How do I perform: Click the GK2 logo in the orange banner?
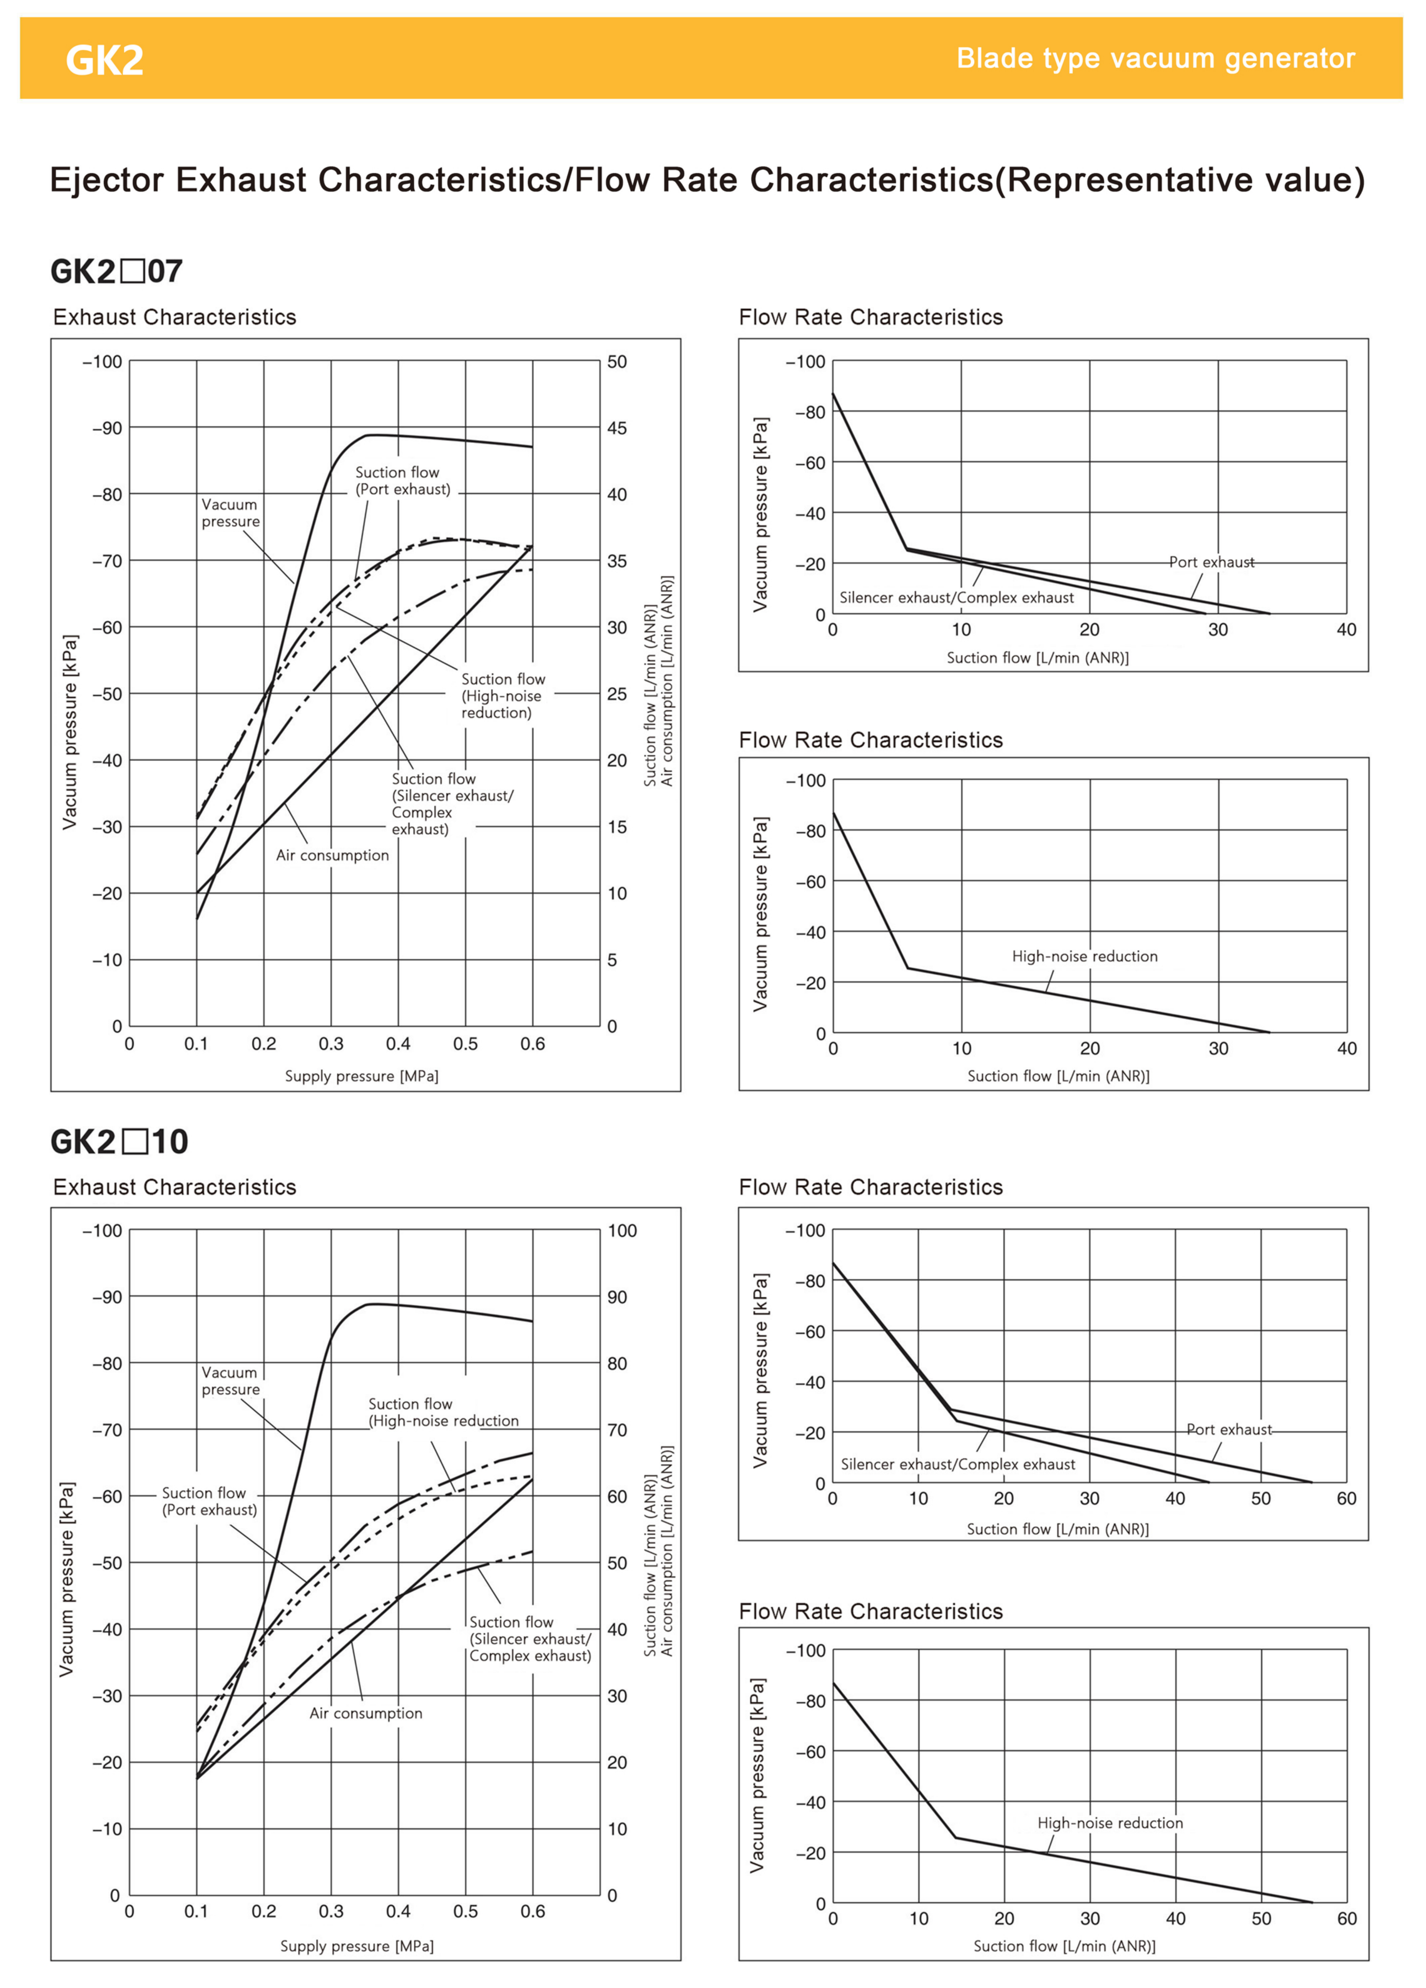pyautogui.click(x=104, y=59)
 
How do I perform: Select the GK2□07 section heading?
pyautogui.click(x=117, y=271)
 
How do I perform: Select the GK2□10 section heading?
pyautogui.click(x=119, y=1141)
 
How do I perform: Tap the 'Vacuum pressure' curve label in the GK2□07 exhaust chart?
pyautogui.click(x=231, y=513)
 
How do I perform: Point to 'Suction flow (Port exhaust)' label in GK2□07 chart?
pyautogui.click(x=402, y=480)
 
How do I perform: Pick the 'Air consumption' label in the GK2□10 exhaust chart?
pyautogui.click(x=365, y=1713)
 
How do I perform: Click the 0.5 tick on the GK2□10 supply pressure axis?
pyautogui.click(x=465, y=1911)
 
